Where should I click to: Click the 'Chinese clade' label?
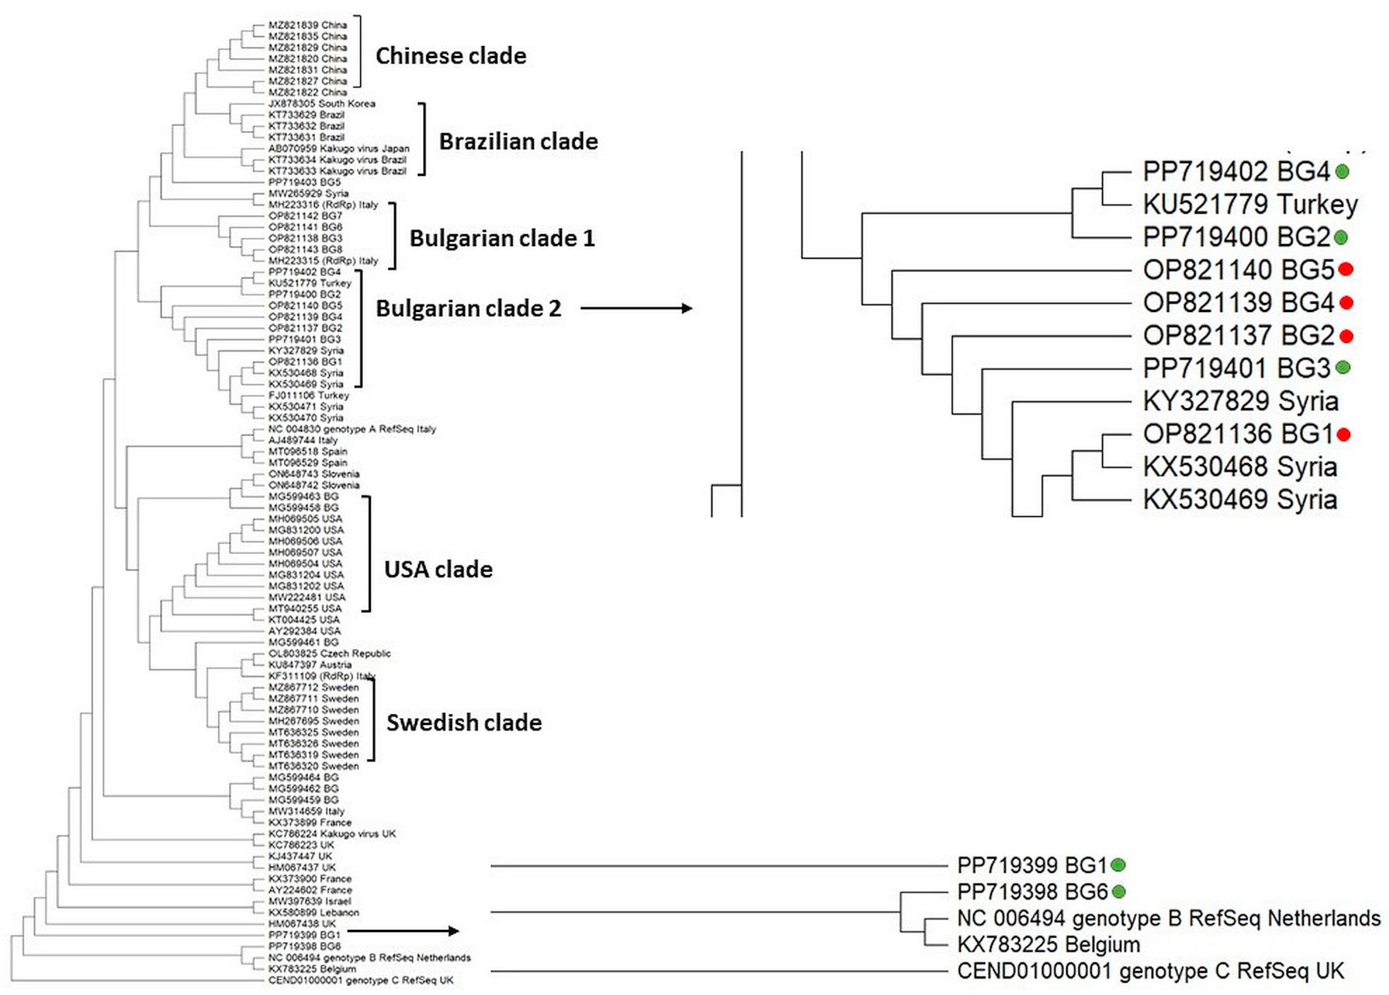click(x=451, y=56)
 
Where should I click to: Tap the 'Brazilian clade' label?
click(x=518, y=141)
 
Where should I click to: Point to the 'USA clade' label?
click(x=438, y=569)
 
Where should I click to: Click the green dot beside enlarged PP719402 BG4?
click(x=1342, y=171)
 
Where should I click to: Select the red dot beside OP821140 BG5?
click(x=1346, y=269)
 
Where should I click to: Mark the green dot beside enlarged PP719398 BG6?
click(x=1119, y=892)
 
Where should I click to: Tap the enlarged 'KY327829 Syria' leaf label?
click(x=1240, y=401)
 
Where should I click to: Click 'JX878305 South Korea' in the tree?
click(x=322, y=103)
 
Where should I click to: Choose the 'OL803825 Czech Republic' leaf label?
click(x=329, y=653)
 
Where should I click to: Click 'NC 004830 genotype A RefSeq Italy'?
click(x=352, y=429)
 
